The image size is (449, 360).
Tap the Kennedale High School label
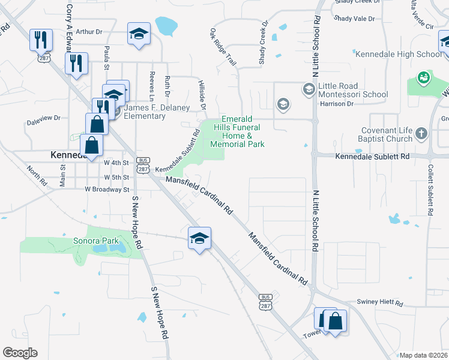pos(399,54)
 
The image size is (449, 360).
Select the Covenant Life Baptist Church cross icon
pos(421,133)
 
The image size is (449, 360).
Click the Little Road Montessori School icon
pos(309,89)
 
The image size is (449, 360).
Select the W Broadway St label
pos(107,189)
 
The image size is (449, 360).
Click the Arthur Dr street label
pos(90,31)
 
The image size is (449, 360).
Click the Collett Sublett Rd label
pos(430,190)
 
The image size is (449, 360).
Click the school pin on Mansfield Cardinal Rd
pos(199,239)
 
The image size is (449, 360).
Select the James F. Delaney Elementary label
pos(157,112)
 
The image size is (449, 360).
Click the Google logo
pos(20,353)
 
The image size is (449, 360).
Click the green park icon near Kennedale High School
pos(424,77)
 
